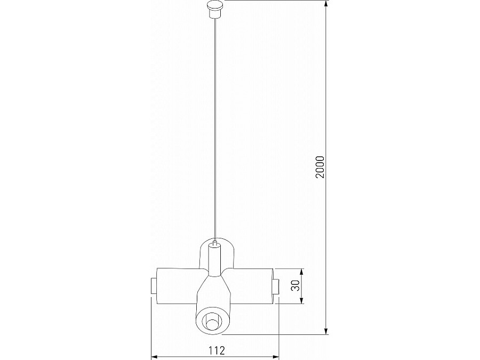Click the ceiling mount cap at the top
(214, 9)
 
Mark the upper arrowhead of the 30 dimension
(301, 271)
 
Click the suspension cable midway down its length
(214, 128)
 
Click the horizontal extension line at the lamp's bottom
(277, 335)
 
